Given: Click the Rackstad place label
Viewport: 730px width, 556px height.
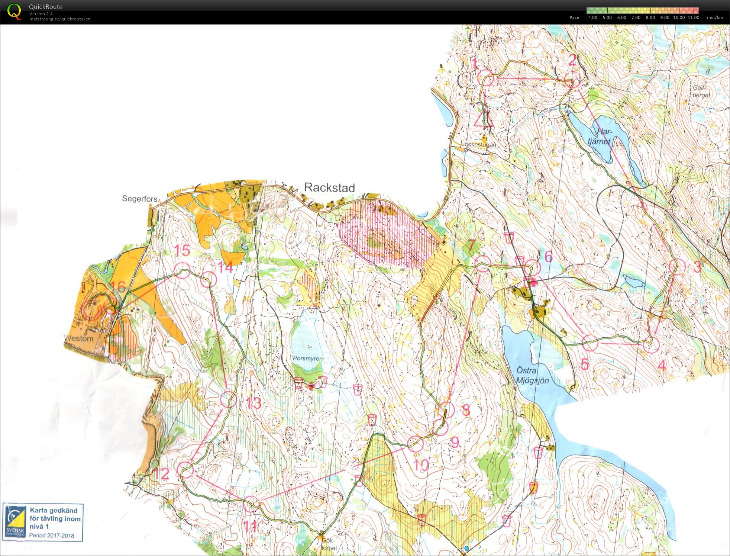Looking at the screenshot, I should (x=329, y=187).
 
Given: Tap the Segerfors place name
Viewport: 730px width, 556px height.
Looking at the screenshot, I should (x=140, y=199).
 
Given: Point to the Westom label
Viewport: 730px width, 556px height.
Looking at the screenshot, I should (x=79, y=338).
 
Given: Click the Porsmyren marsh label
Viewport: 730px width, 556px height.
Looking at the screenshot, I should (x=308, y=359).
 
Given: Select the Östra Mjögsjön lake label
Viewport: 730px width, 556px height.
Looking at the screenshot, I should (x=532, y=375).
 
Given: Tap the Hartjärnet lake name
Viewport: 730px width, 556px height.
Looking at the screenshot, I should (x=600, y=136).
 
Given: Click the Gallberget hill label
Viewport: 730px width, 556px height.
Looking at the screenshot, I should (x=701, y=91).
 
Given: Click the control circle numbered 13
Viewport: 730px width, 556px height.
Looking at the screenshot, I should (x=229, y=399).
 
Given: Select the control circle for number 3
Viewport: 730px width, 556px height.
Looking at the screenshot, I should (x=677, y=267).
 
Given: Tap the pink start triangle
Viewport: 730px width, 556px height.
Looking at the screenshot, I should (x=482, y=119).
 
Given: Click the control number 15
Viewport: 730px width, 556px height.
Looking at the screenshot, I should (x=182, y=250).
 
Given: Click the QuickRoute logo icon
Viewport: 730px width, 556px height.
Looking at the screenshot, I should (x=14, y=12).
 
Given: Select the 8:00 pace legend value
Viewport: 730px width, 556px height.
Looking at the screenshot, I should (x=650, y=17).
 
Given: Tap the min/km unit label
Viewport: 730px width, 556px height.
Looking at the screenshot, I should (x=715, y=17).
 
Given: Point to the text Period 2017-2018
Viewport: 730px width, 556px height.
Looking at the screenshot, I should (x=52, y=536).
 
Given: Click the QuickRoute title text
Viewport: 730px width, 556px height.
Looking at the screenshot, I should (x=46, y=7).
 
